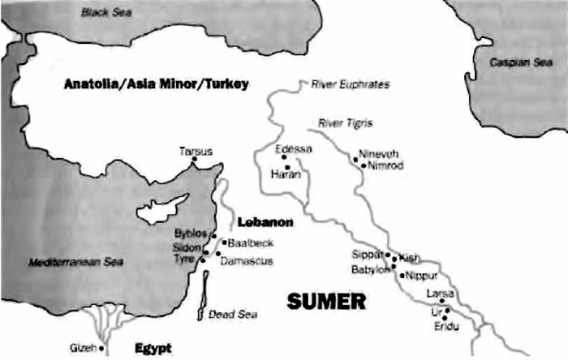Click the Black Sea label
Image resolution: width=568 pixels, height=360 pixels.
[x=106, y=12]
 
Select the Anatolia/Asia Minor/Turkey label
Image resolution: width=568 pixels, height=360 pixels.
[x=156, y=84]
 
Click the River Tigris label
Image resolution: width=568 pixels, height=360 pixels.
[x=346, y=123]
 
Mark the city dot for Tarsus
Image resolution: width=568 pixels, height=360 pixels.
[x=196, y=162]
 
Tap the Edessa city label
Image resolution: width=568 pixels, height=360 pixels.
[x=293, y=148]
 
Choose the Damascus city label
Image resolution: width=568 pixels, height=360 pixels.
[x=247, y=260]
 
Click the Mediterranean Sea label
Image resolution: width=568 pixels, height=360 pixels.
[x=77, y=263]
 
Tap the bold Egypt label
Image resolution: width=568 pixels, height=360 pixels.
[x=153, y=348]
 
